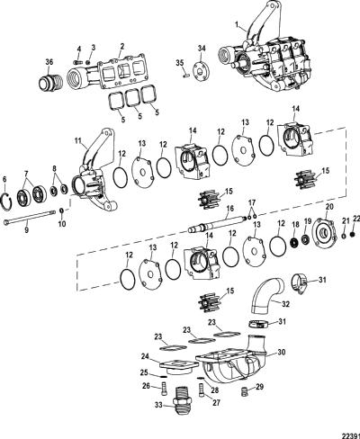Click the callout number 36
point(49,62)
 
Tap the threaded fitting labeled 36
point(50,81)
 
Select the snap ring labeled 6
point(7,201)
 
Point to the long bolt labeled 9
point(30,217)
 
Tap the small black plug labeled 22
point(353,234)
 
